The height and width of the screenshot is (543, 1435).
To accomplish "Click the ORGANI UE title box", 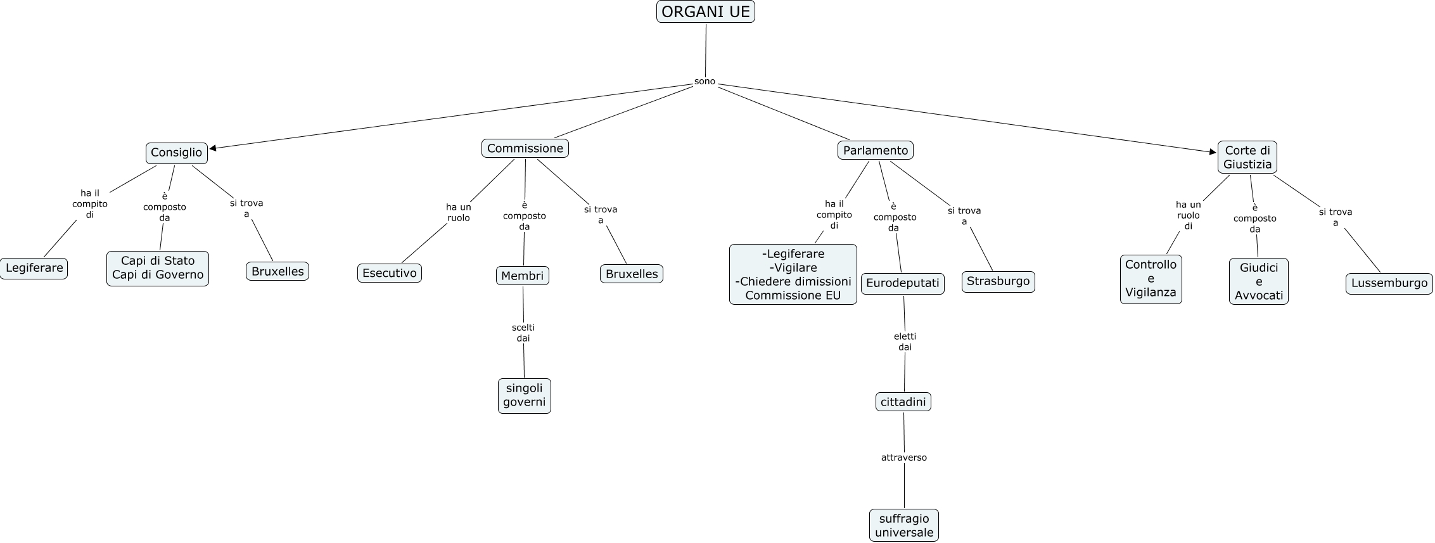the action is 705,11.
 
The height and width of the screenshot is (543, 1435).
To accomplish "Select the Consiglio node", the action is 177,153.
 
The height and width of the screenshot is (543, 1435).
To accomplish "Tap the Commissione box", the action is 525,148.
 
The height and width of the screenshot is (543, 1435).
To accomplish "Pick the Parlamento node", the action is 876,150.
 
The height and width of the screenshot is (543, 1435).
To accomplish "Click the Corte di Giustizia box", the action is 1247,157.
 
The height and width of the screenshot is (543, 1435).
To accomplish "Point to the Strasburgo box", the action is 998,281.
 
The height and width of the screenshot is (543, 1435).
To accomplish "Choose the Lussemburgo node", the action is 1389,283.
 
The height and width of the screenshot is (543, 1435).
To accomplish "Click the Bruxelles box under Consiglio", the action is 277,271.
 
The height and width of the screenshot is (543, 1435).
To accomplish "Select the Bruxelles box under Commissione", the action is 632,274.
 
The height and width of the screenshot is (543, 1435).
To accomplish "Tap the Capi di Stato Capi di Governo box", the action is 158,268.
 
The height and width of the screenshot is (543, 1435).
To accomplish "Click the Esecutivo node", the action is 390,273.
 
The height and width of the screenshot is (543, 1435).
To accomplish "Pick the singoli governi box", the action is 525,395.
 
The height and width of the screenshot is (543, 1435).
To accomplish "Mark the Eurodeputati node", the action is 903,283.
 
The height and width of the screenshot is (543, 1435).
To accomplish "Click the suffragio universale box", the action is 904,525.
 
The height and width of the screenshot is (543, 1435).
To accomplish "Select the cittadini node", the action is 903,402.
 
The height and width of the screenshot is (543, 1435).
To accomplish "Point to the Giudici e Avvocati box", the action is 1259,281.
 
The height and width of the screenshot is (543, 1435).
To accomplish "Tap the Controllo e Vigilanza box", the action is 1151,279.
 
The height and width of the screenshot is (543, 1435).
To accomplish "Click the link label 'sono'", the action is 705,81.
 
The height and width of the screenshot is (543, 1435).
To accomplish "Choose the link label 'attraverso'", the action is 904,457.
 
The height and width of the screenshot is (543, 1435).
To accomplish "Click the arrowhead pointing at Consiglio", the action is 213,149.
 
